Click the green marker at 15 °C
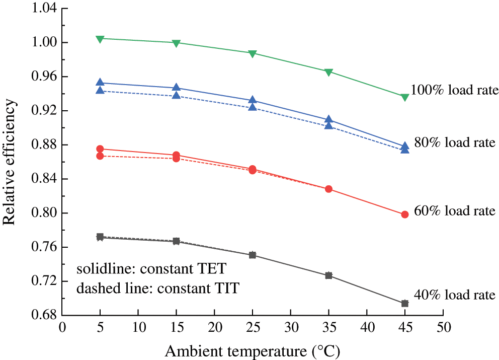[176, 43]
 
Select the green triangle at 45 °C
[405, 97]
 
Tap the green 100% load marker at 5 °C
[100, 39]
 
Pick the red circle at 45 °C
[405, 214]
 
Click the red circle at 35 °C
[328, 189]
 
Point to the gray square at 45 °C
[405, 304]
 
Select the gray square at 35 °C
[328, 275]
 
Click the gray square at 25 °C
[253, 255]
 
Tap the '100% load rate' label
[454, 90]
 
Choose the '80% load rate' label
[456, 142]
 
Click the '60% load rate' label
[455, 211]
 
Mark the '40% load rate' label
[455, 295]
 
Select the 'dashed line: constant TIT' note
[157, 289]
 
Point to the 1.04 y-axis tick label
[43, 9]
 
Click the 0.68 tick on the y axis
[43, 316]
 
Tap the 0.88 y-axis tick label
[43, 145]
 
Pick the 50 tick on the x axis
[443, 327]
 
